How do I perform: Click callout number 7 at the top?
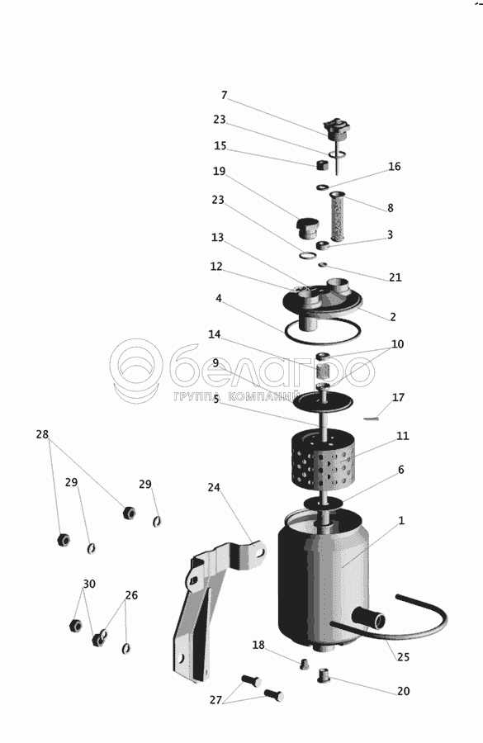pos(225,95)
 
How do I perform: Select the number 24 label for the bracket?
pos(214,487)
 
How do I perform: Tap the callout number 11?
pos(402,435)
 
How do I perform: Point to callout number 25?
pos(403,657)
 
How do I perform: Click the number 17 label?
pos(398,397)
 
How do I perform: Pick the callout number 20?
pos(403,691)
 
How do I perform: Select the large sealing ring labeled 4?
pos(323,331)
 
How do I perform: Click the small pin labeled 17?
pos(372,418)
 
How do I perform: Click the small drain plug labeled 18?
pos(305,665)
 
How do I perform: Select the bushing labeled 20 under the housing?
pos(324,674)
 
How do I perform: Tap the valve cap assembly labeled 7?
pos(336,130)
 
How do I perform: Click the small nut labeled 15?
pos(323,165)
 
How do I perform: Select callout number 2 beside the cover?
pos(393,316)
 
